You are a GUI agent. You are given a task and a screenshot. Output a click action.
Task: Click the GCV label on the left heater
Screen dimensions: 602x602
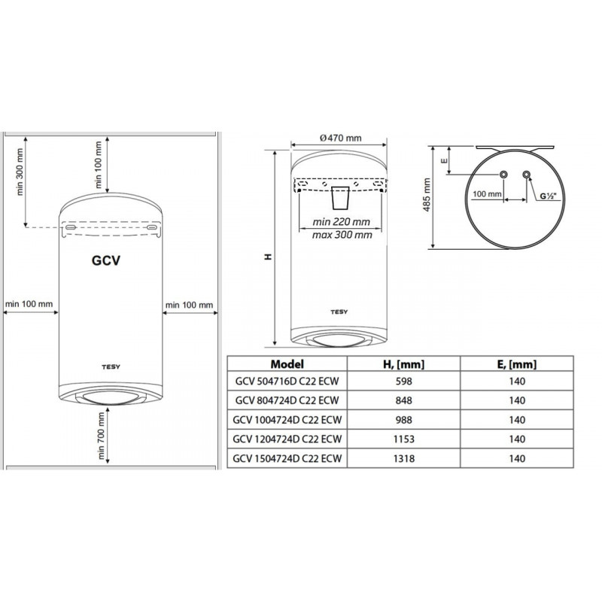pos(106,260)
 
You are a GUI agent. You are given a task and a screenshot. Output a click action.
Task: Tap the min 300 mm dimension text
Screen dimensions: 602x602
pos(20,172)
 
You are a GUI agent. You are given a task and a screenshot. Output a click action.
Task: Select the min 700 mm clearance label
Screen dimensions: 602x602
pos(101,436)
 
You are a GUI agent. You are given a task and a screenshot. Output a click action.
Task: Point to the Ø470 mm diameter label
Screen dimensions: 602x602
pos(340,138)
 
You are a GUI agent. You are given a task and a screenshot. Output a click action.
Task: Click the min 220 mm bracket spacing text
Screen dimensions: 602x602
pos(341,221)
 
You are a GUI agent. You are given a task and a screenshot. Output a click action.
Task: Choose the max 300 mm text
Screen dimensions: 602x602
pos(342,235)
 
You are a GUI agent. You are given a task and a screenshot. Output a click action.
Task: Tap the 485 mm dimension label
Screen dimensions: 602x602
pos(427,195)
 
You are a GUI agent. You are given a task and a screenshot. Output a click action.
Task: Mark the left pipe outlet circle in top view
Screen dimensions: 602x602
pos(503,175)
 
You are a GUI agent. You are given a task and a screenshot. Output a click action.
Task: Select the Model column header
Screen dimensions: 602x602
pos(287,363)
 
